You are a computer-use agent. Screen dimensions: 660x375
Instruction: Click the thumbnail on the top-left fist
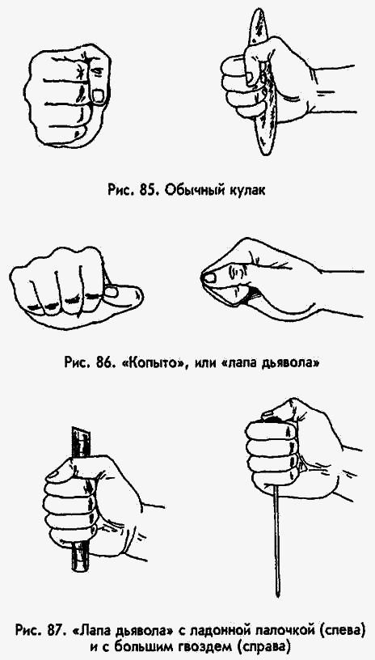click(x=98, y=96)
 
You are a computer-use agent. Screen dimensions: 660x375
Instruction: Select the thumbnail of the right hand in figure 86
click(x=210, y=278)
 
